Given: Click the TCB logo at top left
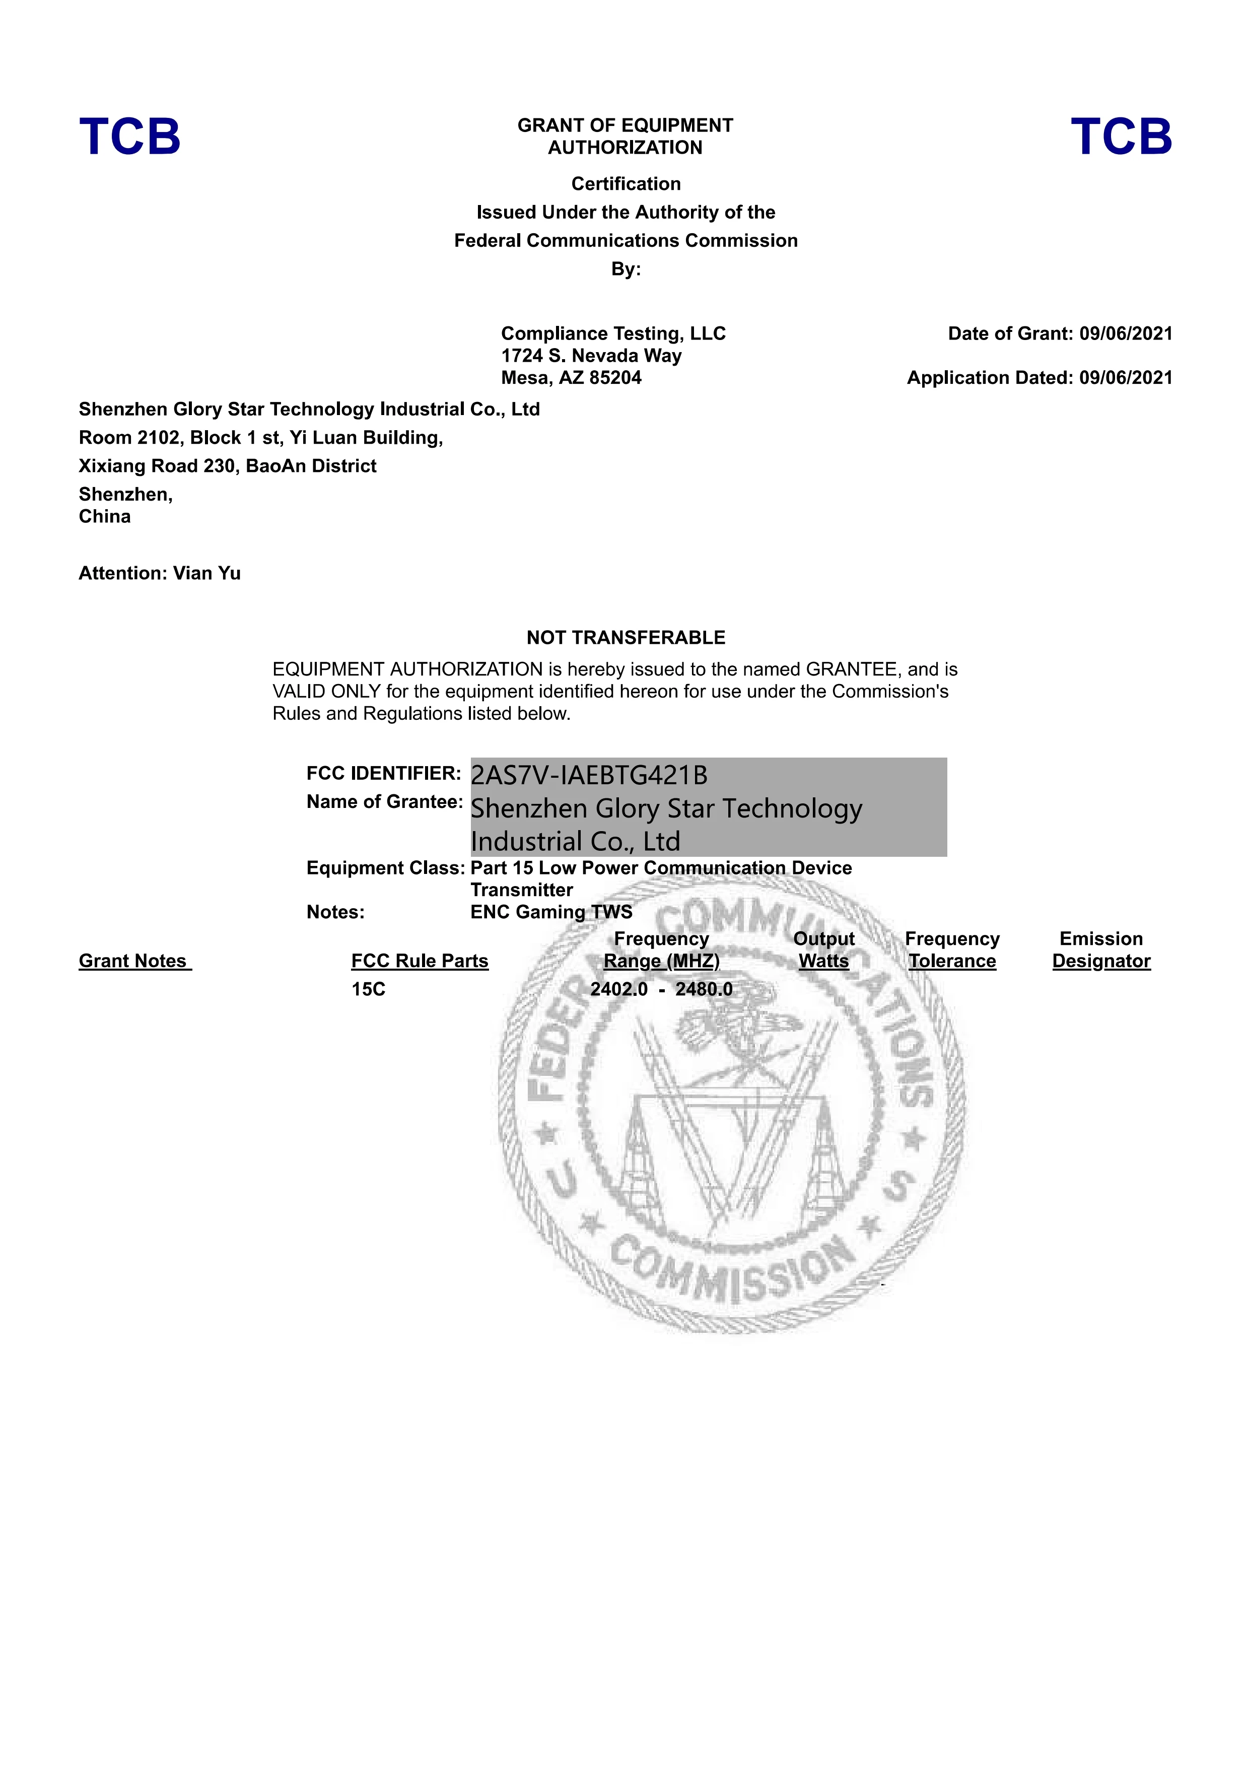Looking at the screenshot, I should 129,137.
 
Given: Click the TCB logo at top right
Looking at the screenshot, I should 1121,137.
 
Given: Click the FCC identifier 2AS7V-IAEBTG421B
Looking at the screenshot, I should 589,775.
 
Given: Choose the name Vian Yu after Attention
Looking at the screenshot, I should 206,573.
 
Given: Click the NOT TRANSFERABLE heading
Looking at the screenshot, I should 626,638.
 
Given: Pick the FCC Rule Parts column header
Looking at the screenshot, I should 420,961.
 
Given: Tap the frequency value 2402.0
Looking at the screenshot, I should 619,990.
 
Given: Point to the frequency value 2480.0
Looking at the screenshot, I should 704,990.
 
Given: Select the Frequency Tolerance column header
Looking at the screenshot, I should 952,950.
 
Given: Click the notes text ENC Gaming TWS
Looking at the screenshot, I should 551,913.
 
